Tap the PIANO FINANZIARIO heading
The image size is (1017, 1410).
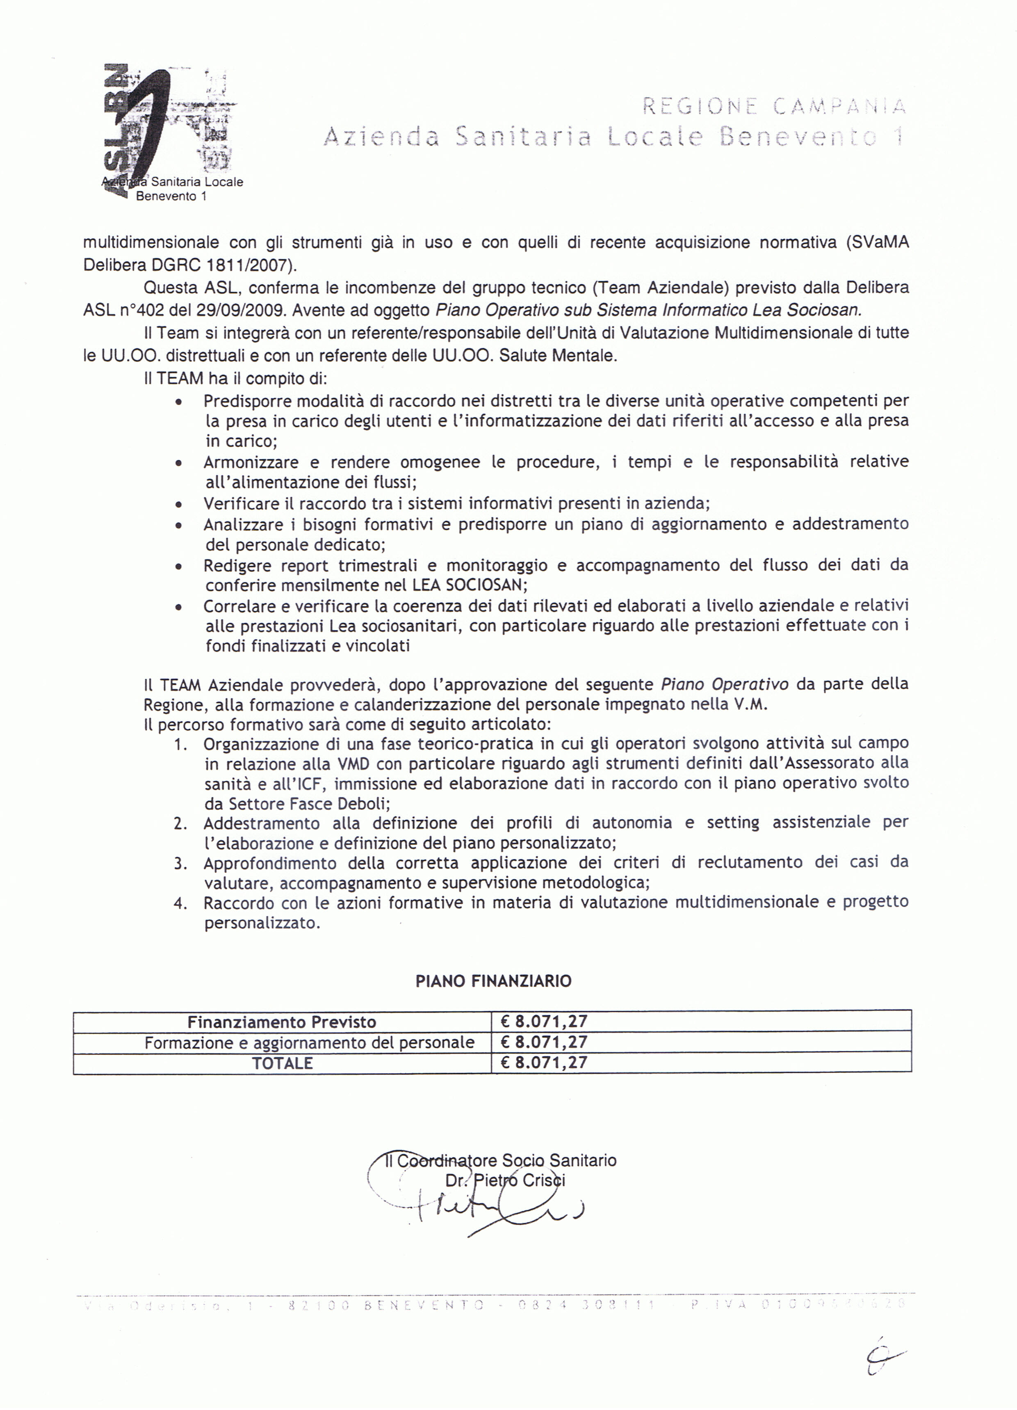click(493, 981)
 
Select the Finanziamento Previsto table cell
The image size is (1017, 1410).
click(282, 1022)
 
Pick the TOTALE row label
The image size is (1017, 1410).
click(282, 1063)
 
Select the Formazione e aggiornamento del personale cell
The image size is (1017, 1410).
click(309, 1042)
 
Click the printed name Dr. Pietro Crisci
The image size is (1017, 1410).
click(505, 1181)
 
